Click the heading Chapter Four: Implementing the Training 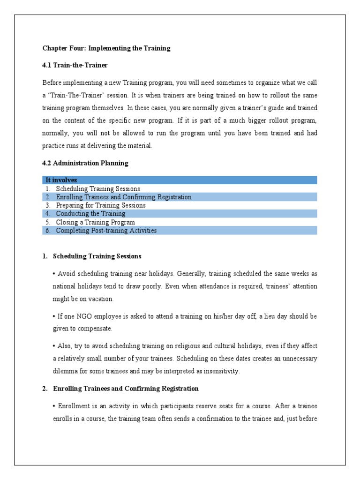pos(106,48)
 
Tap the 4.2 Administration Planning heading pos(85,163)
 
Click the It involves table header pos(61,180)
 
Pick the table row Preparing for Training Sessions pos(100,205)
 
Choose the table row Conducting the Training pos(90,214)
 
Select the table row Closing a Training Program pos(95,222)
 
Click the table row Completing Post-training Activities pos(106,231)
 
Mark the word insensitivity pos(222,371)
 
